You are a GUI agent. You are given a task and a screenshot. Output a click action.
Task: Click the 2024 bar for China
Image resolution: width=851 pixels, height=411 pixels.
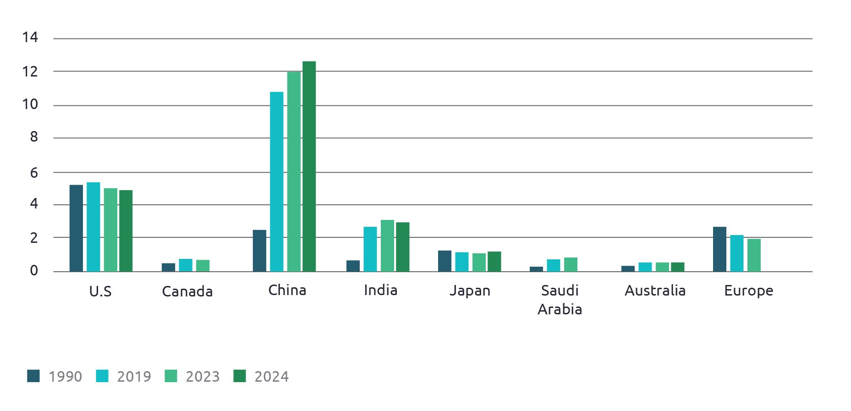(309, 166)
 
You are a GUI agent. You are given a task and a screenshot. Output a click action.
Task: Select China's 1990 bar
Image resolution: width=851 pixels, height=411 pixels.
(259, 251)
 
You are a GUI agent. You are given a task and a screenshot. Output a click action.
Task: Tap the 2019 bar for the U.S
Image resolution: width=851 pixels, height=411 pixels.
(93, 227)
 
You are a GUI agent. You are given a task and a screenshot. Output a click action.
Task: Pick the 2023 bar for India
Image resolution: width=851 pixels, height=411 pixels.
(387, 246)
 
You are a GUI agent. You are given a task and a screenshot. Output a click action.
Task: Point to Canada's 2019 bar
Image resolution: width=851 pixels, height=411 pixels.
(186, 265)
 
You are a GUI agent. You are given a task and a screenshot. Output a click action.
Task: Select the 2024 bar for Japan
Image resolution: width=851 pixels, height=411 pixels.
(494, 261)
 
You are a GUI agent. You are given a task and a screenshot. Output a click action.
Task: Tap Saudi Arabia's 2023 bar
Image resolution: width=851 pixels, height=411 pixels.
(571, 264)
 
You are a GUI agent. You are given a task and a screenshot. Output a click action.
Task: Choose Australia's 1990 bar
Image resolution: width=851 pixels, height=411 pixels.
(628, 269)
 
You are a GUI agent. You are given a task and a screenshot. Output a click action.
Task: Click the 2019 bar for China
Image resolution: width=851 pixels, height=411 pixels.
(276, 181)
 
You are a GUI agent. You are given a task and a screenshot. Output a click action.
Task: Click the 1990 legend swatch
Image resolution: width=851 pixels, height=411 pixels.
(33, 376)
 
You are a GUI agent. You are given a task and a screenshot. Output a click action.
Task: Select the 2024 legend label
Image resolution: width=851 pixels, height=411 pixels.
(271, 377)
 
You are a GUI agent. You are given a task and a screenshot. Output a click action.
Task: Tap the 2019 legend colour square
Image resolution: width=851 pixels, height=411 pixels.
(102, 376)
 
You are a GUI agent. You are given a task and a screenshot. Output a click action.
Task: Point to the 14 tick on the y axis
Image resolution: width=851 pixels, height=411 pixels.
(30, 38)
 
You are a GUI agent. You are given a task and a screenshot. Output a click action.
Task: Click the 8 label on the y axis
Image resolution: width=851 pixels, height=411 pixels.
(34, 137)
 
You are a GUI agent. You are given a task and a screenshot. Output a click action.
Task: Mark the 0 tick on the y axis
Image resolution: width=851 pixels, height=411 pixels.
(34, 271)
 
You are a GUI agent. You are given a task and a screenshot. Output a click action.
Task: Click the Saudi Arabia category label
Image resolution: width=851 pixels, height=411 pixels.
(560, 300)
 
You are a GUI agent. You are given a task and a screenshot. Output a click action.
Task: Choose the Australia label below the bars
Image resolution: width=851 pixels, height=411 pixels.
(655, 290)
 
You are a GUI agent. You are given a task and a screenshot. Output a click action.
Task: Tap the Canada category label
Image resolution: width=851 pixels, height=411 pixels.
(187, 291)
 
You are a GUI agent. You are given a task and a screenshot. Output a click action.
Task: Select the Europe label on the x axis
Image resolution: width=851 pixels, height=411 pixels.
(748, 290)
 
